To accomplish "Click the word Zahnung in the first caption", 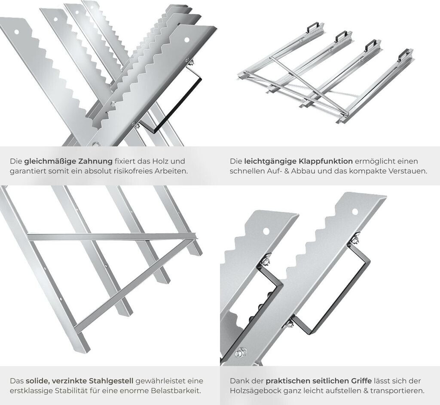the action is [x=95, y=161].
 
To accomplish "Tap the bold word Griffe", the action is [x=361, y=381].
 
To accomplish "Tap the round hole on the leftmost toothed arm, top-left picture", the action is [x=17, y=32].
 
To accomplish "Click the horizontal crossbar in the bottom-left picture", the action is [x=113, y=237].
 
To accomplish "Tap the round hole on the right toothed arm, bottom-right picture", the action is [x=355, y=212].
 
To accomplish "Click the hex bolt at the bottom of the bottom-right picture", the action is [x=241, y=352].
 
